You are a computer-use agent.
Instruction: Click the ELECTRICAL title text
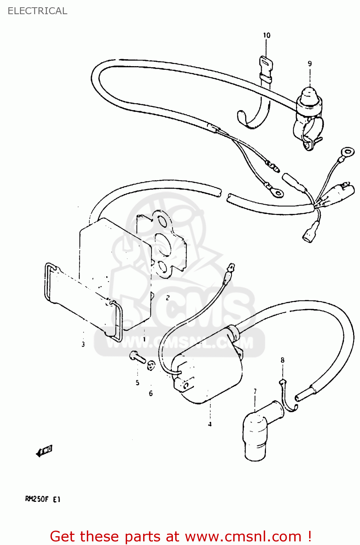37,11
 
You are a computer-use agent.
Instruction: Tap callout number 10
267,35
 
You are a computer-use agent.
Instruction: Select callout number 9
310,64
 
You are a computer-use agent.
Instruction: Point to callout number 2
167,298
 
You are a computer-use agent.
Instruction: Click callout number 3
83,344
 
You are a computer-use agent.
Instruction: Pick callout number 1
144,339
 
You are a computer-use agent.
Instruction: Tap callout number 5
137,383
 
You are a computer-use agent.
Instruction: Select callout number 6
151,393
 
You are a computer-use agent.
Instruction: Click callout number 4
210,424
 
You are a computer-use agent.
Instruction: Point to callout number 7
255,391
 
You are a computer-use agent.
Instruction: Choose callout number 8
283,360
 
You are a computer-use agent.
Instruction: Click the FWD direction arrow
44,451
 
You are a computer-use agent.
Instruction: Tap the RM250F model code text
37,499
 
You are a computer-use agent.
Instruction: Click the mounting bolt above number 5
137,357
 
